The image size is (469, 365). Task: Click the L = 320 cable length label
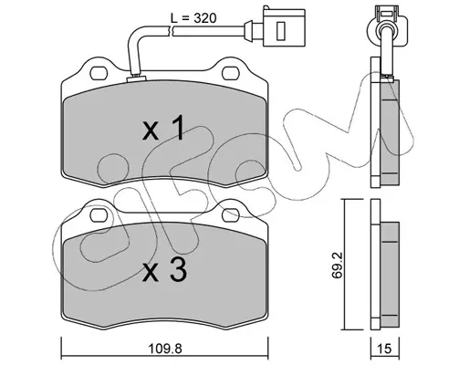(193, 18)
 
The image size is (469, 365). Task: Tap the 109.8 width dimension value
(165, 349)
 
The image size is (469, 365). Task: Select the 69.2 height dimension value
(338, 265)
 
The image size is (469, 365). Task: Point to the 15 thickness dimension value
(385, 349)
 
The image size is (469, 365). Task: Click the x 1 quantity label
(163, 128)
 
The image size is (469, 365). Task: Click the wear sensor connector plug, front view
(284, 26)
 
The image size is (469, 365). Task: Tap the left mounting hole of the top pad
(99, 73)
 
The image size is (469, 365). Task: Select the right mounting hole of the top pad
(231, 73)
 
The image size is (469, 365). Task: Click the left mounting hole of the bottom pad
(99, 214)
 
